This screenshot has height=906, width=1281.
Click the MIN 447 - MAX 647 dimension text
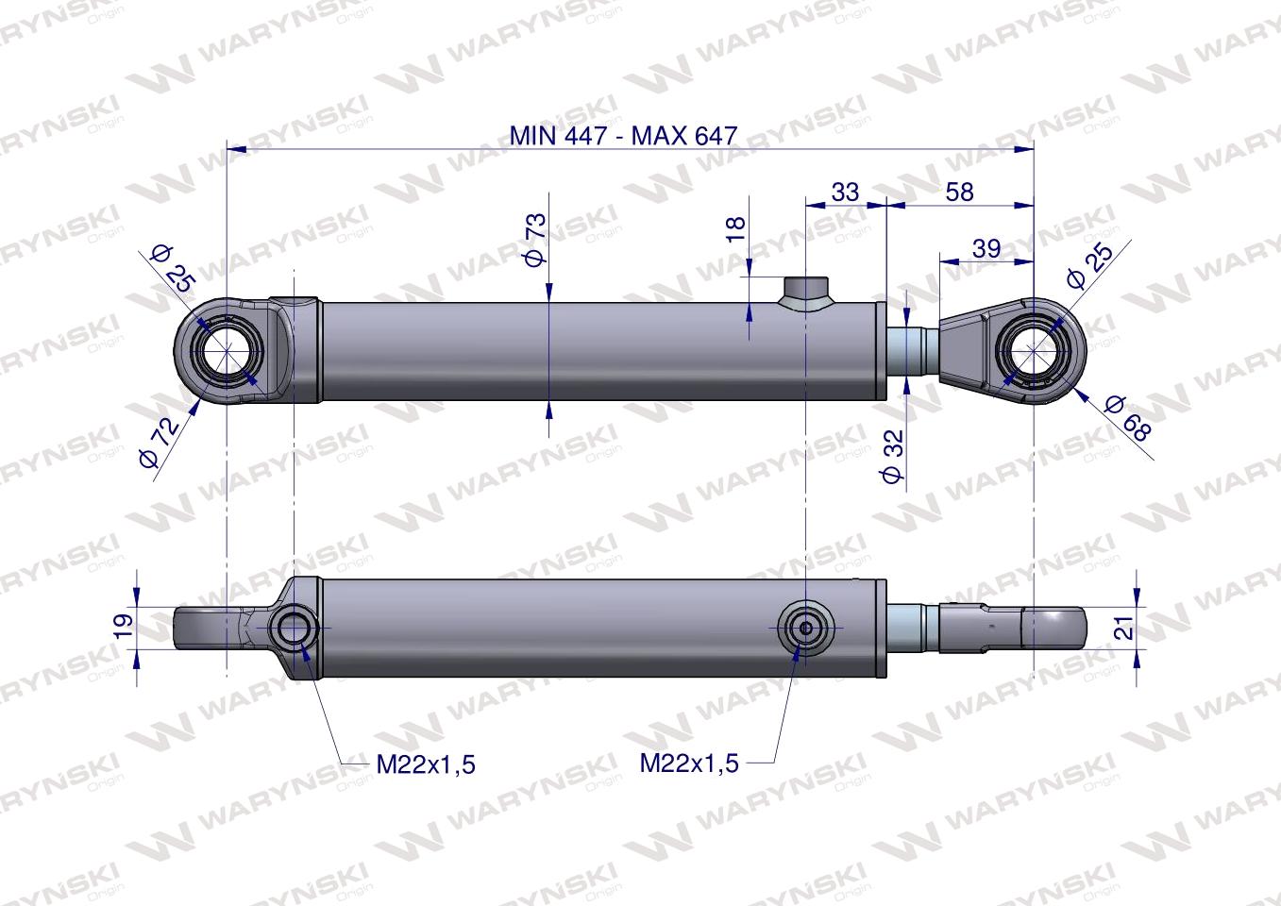[622, 135]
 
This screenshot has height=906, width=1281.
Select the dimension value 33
[845, 192]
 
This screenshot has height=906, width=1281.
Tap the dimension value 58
[958, 192]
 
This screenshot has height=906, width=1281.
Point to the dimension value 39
[986, 248]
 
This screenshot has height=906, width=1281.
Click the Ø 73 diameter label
[535, 240]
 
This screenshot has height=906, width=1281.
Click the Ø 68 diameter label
[1128, 419]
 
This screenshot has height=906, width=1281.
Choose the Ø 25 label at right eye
[1088, 265]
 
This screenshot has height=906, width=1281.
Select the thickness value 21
[1122, 626]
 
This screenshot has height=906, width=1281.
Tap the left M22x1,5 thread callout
[425, 763]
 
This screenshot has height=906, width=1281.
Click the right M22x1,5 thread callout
[689, 763]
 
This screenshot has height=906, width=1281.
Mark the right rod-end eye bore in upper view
[1035, 352]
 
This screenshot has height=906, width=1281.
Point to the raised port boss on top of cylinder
[804, 291]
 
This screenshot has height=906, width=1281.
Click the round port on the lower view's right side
[804, 627]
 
